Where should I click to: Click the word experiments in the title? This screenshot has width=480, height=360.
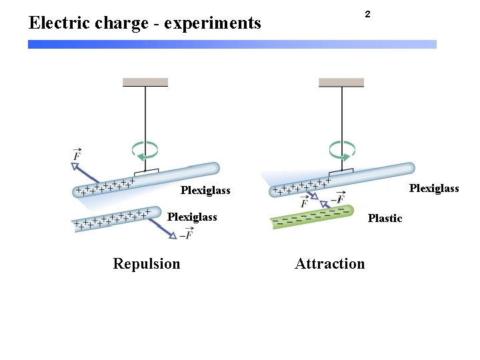click(213, 24)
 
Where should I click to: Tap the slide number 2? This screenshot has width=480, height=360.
click(367, 14)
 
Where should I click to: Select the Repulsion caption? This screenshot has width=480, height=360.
click(147, 264)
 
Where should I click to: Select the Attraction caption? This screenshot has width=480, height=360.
click(330, 264)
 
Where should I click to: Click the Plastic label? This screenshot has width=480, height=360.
click(385, 218)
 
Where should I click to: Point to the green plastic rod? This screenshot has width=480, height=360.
click(310, 218)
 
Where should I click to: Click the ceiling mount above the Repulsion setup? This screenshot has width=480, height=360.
click(145, 82)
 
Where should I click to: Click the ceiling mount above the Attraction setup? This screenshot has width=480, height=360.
click(341, 82)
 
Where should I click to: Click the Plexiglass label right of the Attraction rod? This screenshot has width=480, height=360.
click(434, 189)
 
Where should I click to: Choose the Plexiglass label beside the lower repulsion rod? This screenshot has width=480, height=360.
click(192, 217)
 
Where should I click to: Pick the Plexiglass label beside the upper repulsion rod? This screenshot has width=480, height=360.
click(205, 191)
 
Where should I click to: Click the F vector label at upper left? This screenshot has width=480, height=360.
click(77, 155)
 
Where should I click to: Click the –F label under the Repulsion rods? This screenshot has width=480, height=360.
click(187, 234)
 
